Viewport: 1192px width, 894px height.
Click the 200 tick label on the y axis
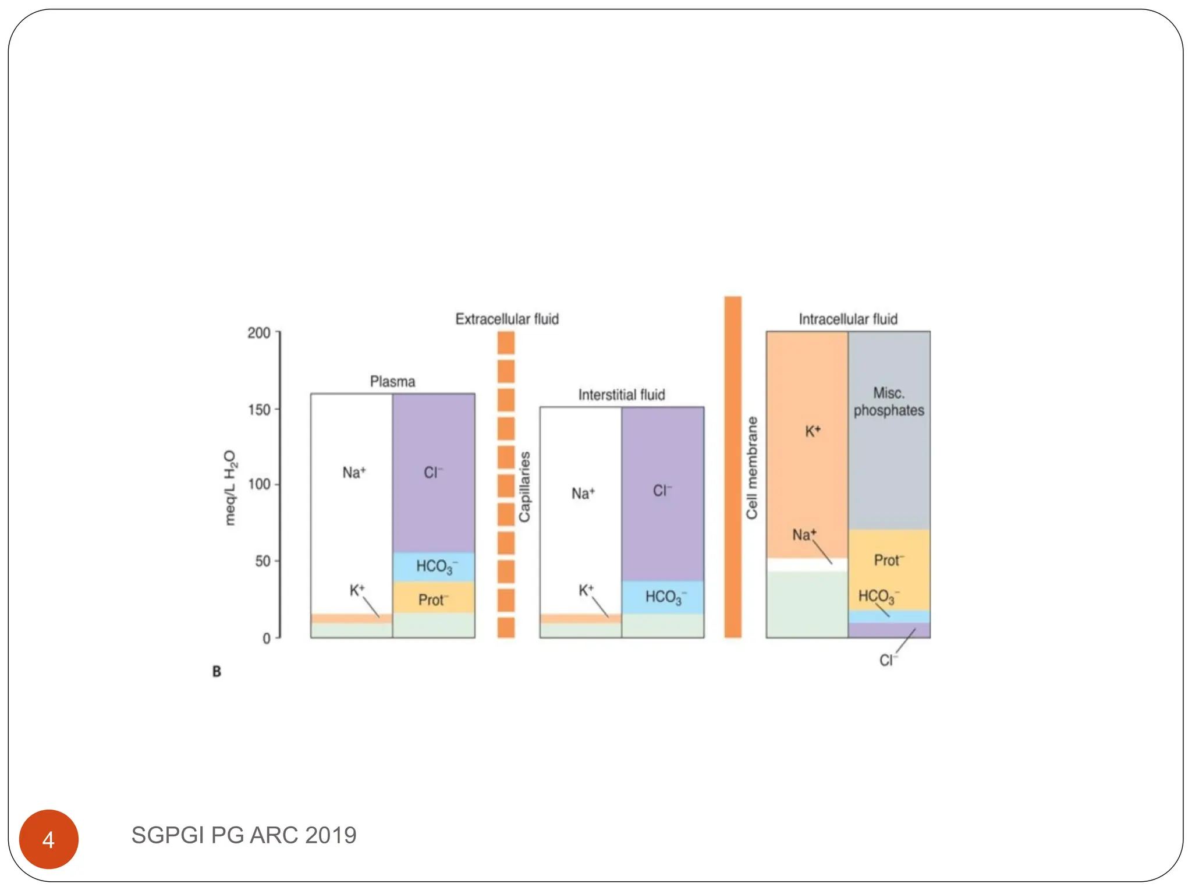click(x=259, y=333)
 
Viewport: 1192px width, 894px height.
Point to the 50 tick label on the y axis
click(x=262, y=561)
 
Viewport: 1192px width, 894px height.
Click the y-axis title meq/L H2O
click(x=230, y=488)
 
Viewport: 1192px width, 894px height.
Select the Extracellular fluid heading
click(x=506, y=319)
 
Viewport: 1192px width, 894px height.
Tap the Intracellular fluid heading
click(x=847, y=319)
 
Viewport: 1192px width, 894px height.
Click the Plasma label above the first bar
click(x=392, y=382)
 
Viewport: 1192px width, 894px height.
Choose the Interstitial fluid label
click(x=621, y=395)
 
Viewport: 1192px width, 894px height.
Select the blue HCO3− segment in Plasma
click(x=434, y=566)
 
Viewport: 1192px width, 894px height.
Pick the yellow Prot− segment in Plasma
click(x=434, y=599)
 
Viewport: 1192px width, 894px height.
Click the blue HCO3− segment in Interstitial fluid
click(x=662, y=597)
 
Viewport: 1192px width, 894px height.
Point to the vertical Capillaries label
click(x=524, y=487)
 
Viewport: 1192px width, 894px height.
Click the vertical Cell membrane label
click(x=752, y=468)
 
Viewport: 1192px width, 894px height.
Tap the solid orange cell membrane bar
click(x=733, y=466)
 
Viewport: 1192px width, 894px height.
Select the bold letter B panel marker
click(x=217, y=672)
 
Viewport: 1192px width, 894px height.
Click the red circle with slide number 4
click(x=49, y=839)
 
